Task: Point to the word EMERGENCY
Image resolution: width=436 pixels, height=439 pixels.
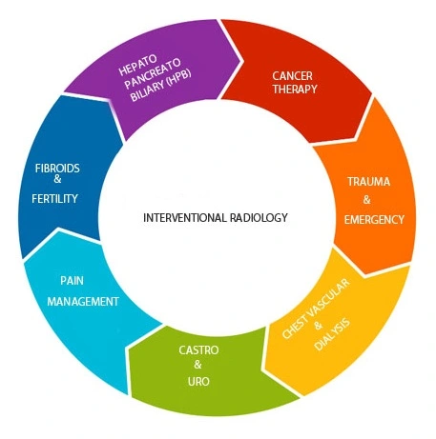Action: click(374, 219)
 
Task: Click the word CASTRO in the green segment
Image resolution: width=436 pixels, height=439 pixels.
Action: click(198, 351)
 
